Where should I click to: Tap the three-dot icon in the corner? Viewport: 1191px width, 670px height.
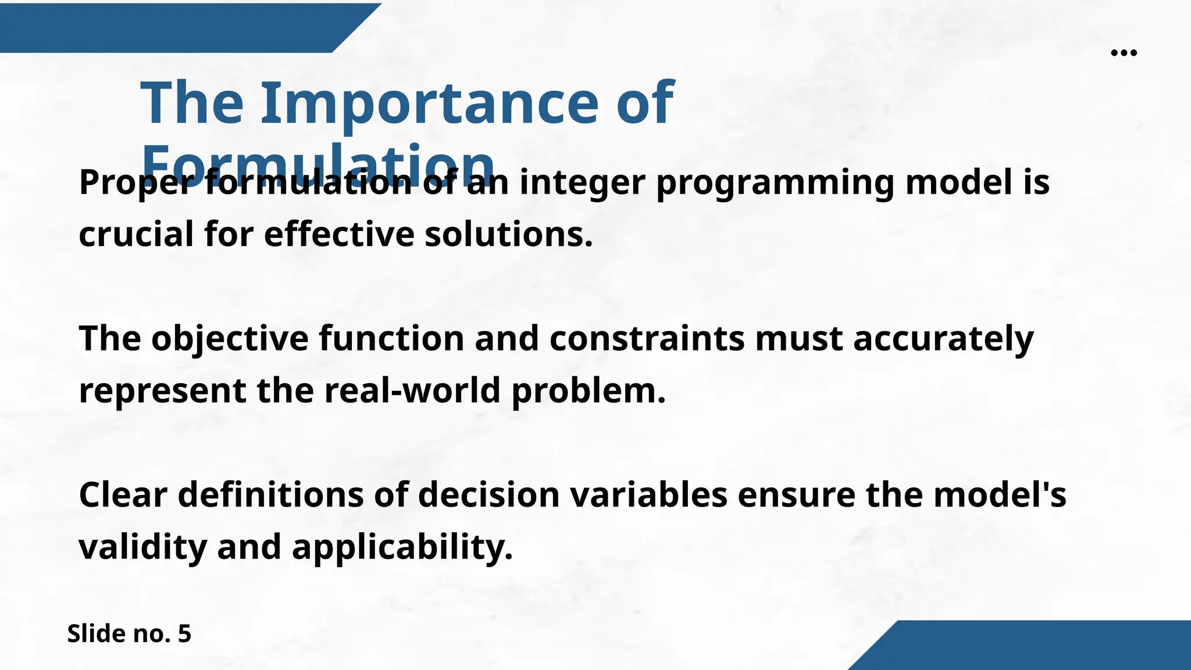tap(1124, 53)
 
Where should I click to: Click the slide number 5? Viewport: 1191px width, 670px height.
tap(184, 633)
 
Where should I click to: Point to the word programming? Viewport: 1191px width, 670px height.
tap(775, 183)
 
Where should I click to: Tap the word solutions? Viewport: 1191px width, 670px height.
tap(508, 234)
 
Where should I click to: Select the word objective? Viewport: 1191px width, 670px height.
tap(230, 338)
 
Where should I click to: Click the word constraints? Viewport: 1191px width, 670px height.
tap(647, 338)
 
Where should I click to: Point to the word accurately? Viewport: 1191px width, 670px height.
tap(943, 338)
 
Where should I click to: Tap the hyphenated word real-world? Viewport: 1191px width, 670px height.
tap(412, 390)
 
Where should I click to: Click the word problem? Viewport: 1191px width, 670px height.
tap(588, 390)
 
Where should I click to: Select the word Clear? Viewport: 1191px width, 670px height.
tap(123, 495)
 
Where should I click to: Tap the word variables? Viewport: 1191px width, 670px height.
tap(648, 495)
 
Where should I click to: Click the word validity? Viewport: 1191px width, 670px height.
tap(142, 547)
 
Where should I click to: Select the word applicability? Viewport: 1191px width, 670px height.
tap(402, 547)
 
